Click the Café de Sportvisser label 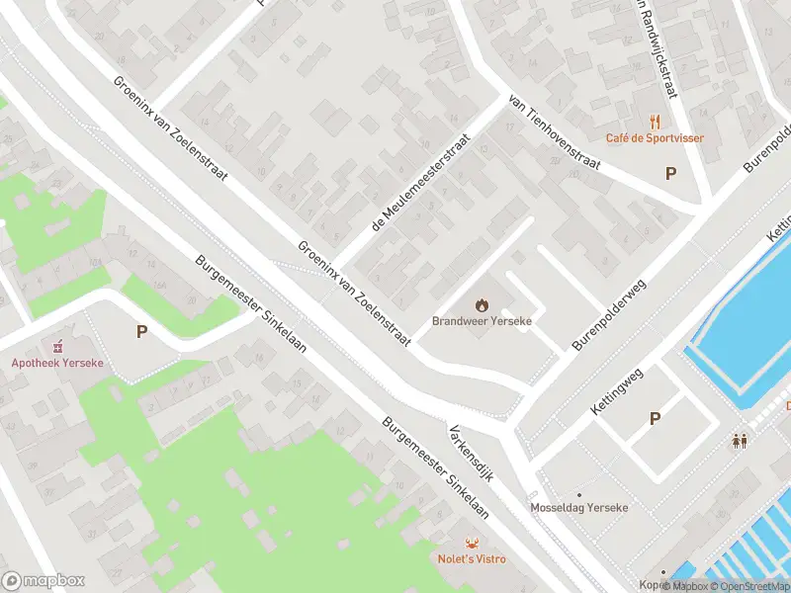point(656,138)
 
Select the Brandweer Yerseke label point(483,321)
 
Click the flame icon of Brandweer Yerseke point(483,304)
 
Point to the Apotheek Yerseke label point(57,363)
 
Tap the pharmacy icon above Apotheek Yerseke point(57,346)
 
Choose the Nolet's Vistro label point(472,559)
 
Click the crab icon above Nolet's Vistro point(472,543)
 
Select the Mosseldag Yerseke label point(579,508)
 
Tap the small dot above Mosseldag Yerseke point(579,494)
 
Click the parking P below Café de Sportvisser point(670,174)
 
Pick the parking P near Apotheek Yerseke point(142,332)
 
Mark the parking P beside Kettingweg point(655,419)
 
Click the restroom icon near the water point(740,441)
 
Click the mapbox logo point(43,581)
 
